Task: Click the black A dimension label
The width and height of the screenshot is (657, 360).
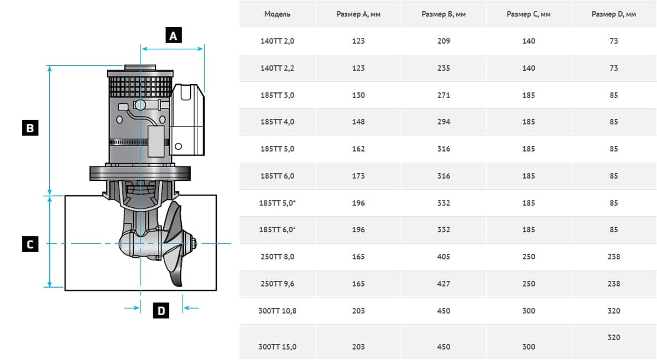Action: [174, 35]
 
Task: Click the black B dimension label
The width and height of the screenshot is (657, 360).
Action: [30, 128]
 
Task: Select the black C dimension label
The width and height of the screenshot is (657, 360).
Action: [30, 244]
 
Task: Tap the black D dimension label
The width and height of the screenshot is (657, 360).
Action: [161, 311]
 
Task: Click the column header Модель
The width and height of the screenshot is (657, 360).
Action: [278, 14]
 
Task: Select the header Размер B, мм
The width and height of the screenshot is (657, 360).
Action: [444, 14]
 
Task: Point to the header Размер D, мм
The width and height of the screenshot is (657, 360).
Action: [614, 14]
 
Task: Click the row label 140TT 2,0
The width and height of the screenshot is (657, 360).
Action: [278, 41]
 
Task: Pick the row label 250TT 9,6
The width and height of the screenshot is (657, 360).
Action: [278, 284]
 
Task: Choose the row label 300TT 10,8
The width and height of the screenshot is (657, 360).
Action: [278, 311]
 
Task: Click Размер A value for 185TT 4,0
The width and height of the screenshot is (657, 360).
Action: [358, 122]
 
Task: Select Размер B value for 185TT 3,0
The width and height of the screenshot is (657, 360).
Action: [444, 95]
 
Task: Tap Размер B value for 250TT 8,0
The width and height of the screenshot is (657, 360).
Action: [444, 257]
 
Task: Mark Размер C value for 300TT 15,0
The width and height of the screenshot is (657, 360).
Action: [529, 347]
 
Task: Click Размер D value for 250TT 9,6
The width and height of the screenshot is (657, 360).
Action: [614, 284]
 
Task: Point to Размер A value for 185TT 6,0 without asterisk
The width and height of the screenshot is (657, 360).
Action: [358, 176]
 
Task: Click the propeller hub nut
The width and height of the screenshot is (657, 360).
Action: [194, 243]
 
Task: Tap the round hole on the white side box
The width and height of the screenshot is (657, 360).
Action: [179, 146]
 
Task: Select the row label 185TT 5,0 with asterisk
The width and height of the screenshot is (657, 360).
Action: [278, 203]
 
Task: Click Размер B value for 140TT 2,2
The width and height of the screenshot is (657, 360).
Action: [444, 68]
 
